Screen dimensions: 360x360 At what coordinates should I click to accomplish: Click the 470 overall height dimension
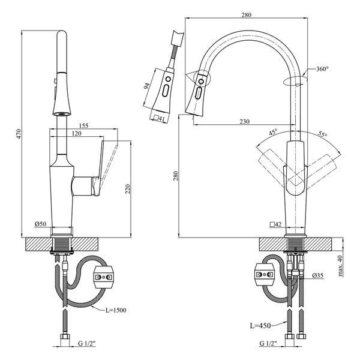click(19, 134)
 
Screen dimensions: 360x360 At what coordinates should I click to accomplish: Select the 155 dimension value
click(83, 125)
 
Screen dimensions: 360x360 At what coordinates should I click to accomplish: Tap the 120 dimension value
click(76, 133)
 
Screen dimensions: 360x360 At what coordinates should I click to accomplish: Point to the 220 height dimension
click(128, 189)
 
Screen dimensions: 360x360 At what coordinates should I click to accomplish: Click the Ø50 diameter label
click(41, 224)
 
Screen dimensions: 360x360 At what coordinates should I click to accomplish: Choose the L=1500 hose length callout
click(116, 310)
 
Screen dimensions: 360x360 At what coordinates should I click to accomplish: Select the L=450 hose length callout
click(260, 326)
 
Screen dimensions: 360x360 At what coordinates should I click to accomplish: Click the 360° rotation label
click(322, 69)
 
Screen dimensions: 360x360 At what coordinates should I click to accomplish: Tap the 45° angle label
click(273, 133)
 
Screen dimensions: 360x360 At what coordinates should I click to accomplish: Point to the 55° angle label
click(322, 134)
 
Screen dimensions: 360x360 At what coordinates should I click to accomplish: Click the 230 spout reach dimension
click(245, 121)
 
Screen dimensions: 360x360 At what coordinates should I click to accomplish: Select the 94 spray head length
click(146, 86)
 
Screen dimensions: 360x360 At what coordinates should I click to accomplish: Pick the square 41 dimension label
click(160, 118)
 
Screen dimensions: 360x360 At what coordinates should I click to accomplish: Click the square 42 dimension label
click(276, 224)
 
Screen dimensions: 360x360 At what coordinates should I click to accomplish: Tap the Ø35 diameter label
click(318, 275)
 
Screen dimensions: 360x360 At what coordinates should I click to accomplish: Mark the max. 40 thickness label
click(340, 266)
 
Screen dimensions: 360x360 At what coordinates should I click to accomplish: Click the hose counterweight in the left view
click(103, 277)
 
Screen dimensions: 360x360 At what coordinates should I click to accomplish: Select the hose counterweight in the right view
click(265, 274)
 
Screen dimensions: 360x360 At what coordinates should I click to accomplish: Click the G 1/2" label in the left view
click(86, 343)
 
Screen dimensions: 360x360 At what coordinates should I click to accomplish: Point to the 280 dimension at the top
click(247, 15)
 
